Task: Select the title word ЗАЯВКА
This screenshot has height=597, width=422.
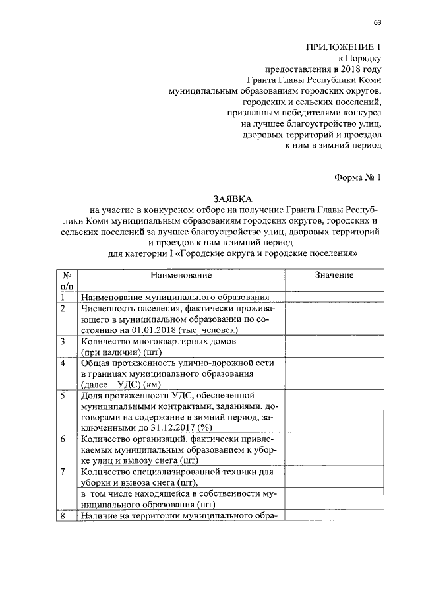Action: click(233, 198)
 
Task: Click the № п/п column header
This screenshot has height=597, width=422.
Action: click(66, 280)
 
